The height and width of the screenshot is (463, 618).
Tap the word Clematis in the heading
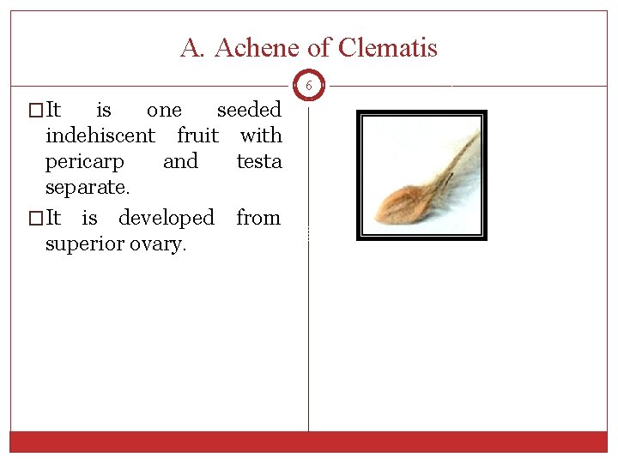click(x=388, y=48)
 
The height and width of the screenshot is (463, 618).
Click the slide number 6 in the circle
click(x=308, y=85)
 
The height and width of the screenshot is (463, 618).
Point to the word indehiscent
click(x=100, y=135)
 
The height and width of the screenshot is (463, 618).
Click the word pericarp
click(x=85, y=162)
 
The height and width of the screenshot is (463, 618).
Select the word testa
click(x=259, y=161)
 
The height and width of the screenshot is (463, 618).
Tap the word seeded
click(x=249, y=110)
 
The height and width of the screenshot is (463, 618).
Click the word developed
click(x=167, y=218)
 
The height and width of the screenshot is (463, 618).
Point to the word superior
click(x=84, y=244)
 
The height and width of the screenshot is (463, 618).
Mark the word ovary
click(x=161, y=245)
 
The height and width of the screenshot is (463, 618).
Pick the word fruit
click(x=197, y=135)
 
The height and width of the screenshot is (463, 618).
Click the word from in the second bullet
click(x=259, y=218)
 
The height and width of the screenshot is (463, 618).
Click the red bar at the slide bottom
click(x=309, y=441)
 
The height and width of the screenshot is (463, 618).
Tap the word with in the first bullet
click(x=261, y=135)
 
